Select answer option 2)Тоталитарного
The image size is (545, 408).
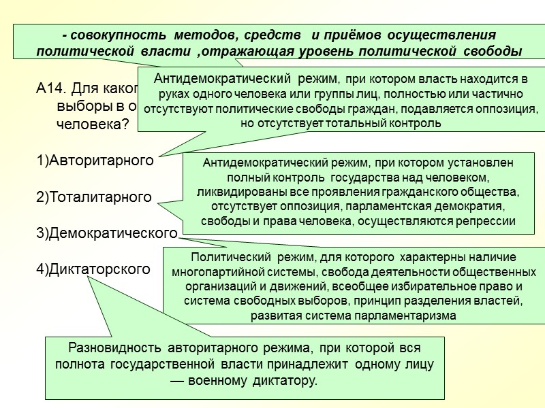[93, 197]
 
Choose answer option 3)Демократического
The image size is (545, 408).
[106, 233]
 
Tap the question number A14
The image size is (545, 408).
[50, 88]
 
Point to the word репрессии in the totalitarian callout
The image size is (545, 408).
[488, 222]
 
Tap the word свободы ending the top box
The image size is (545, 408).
[492, 52]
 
